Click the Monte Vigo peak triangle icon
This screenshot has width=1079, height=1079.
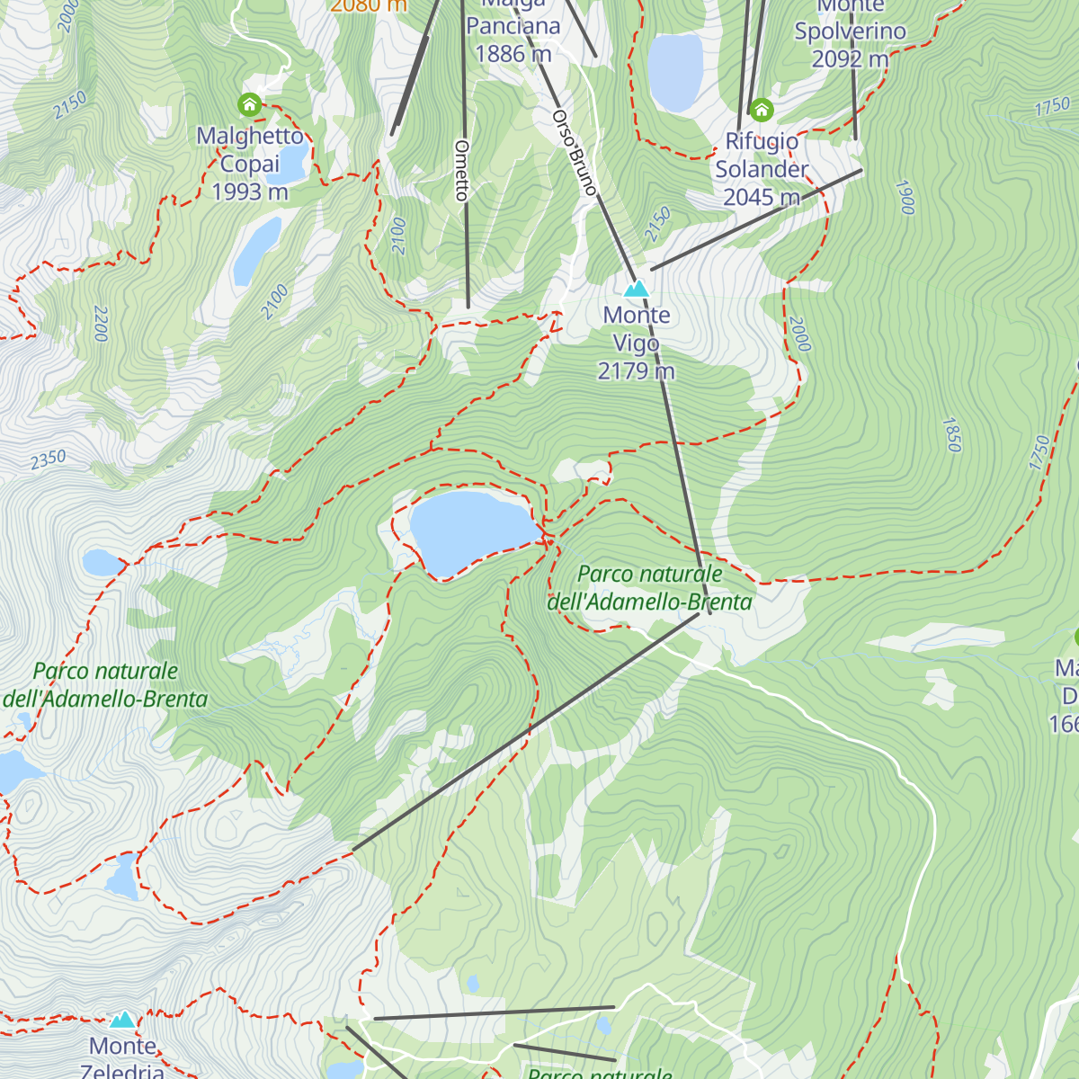637,288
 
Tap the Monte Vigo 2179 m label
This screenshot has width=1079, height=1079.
637,343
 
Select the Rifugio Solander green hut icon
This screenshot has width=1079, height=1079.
762,111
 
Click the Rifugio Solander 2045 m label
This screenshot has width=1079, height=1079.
762,169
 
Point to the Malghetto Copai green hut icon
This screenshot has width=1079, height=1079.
249,105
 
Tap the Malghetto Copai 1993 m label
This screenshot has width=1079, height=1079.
250,164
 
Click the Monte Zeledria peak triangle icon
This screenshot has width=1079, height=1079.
122,1020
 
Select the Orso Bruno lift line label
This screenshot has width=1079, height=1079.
575,153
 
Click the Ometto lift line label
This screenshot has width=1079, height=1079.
462,170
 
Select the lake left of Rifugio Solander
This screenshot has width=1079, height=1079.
674,72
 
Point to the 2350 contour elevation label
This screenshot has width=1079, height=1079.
49,459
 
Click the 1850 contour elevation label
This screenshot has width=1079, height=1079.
952,434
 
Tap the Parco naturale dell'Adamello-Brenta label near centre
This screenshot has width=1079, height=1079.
650,587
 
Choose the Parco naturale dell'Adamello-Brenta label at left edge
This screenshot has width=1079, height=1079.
106,684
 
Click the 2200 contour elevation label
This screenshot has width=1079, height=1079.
100,324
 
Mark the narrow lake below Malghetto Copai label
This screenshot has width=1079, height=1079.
257,251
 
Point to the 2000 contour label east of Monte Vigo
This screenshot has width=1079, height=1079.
799,334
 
